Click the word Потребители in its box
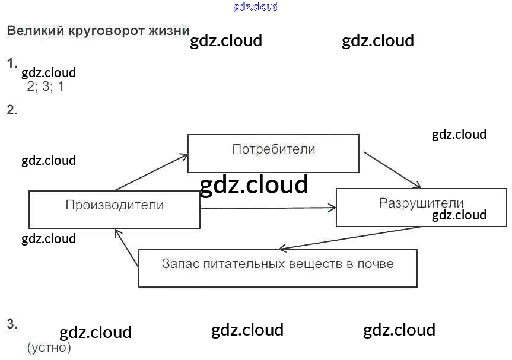pos(274,149)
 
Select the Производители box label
pos(115,205)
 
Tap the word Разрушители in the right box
pos(421,203)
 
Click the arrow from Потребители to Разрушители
pos(392,170)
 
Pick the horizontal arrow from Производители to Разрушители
pos(268,208)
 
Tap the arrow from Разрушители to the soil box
pos(350,237)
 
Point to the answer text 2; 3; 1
pos(45,87)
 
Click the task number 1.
pos(12,63)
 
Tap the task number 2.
pos(12,110)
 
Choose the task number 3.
pos(12,324)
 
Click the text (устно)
pos(49,348)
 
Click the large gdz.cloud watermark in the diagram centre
pos(254,185)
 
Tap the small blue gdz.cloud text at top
pos(256,7)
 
